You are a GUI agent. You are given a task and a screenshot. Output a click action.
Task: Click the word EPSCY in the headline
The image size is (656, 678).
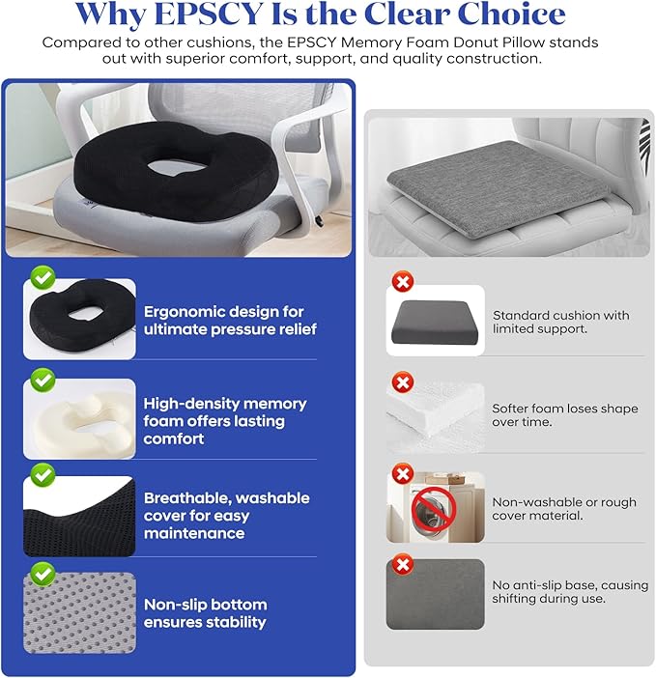tap(209, 14)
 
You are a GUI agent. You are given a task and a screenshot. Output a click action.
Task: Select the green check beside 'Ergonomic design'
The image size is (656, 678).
tap(43, 277)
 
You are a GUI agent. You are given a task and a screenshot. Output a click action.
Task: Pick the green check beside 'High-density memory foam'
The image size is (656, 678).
tap(43, 381)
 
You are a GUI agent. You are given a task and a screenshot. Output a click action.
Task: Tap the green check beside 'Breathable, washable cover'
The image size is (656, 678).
tap(43, 475)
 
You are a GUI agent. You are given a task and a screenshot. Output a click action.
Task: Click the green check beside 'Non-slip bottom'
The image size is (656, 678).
tap(43, 575)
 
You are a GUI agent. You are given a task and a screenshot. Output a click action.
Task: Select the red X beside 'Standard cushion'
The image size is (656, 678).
tap(403, 282)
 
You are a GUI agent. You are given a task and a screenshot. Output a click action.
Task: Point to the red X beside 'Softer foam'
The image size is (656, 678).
tap(403, 382)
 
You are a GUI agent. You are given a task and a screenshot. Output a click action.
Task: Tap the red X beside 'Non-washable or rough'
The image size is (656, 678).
tap(403, 474)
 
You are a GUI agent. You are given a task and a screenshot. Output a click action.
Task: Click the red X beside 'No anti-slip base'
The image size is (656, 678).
tap(403, 565)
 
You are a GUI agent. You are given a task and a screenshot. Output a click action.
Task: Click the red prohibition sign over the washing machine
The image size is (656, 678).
tap(433, 509)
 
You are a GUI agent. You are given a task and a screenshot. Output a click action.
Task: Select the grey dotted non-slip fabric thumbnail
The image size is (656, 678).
tap(79, 612)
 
